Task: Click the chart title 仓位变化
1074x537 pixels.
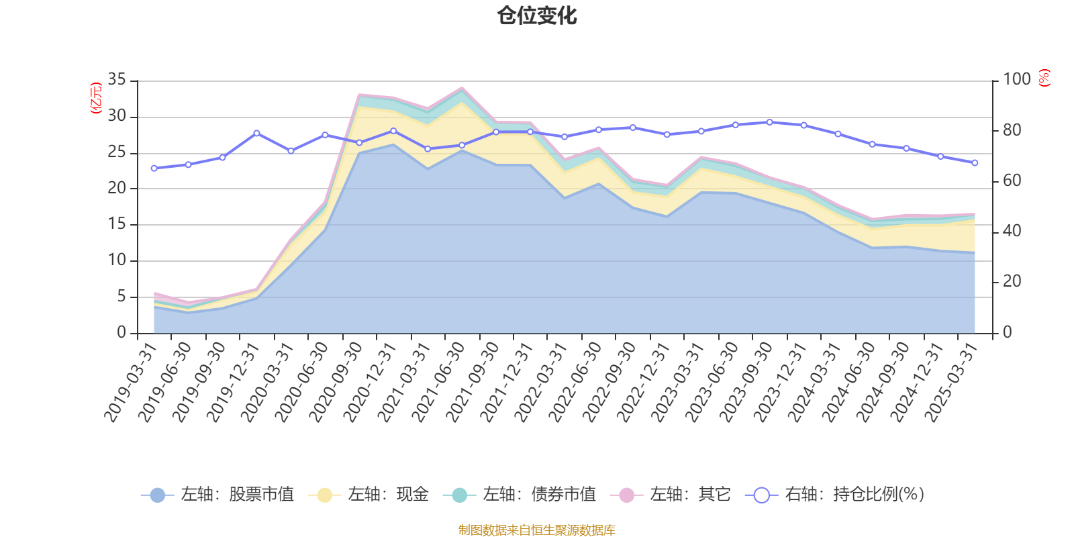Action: [537, 15]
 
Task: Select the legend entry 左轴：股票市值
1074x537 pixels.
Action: [217, 495]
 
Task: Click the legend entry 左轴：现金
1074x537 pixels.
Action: [369, 495]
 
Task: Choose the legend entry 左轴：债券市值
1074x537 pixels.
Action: [520, 495]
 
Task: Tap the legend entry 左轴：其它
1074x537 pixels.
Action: [671, 495]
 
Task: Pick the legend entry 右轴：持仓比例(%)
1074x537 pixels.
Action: [835, 495]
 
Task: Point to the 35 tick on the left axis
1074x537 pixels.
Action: [117, 80]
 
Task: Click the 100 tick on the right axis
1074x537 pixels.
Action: [1016, 80]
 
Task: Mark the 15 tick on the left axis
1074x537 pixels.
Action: [117, 224]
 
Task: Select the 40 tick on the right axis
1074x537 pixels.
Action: [1012, 231]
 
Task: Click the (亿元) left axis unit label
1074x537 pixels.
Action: [96, 98]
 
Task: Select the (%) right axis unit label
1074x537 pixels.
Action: [1044, 78]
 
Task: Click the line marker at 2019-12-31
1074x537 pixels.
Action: [256, 133]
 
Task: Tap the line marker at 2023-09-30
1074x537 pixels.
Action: [769, 122]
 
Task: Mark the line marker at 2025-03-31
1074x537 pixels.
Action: [975, 162]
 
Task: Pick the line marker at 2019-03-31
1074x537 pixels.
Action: [154, 168]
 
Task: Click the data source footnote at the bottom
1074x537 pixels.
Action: [537, 530]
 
